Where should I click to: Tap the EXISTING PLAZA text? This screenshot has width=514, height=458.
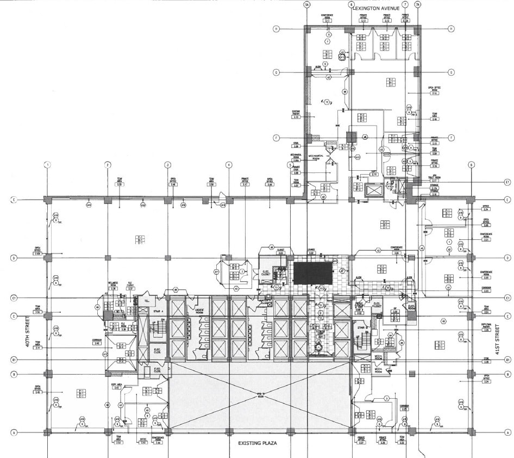point(258,443)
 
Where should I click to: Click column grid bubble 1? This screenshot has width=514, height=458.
point(48,165)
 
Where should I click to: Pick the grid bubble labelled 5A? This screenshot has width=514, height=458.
point(307,5)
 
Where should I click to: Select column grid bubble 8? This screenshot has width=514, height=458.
point(471,165)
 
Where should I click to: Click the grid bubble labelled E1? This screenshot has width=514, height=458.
point(507,182)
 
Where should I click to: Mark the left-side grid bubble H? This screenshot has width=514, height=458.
point(276,29)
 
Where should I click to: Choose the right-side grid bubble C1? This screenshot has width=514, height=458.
point(507,298)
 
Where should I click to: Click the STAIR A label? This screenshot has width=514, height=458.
point(158,312)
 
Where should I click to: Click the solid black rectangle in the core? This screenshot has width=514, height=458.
point(312,273)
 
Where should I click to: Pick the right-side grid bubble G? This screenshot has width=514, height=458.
point(451,72)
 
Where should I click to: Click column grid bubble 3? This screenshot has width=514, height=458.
point(168,165)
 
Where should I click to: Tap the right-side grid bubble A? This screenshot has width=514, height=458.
point(507,432)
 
